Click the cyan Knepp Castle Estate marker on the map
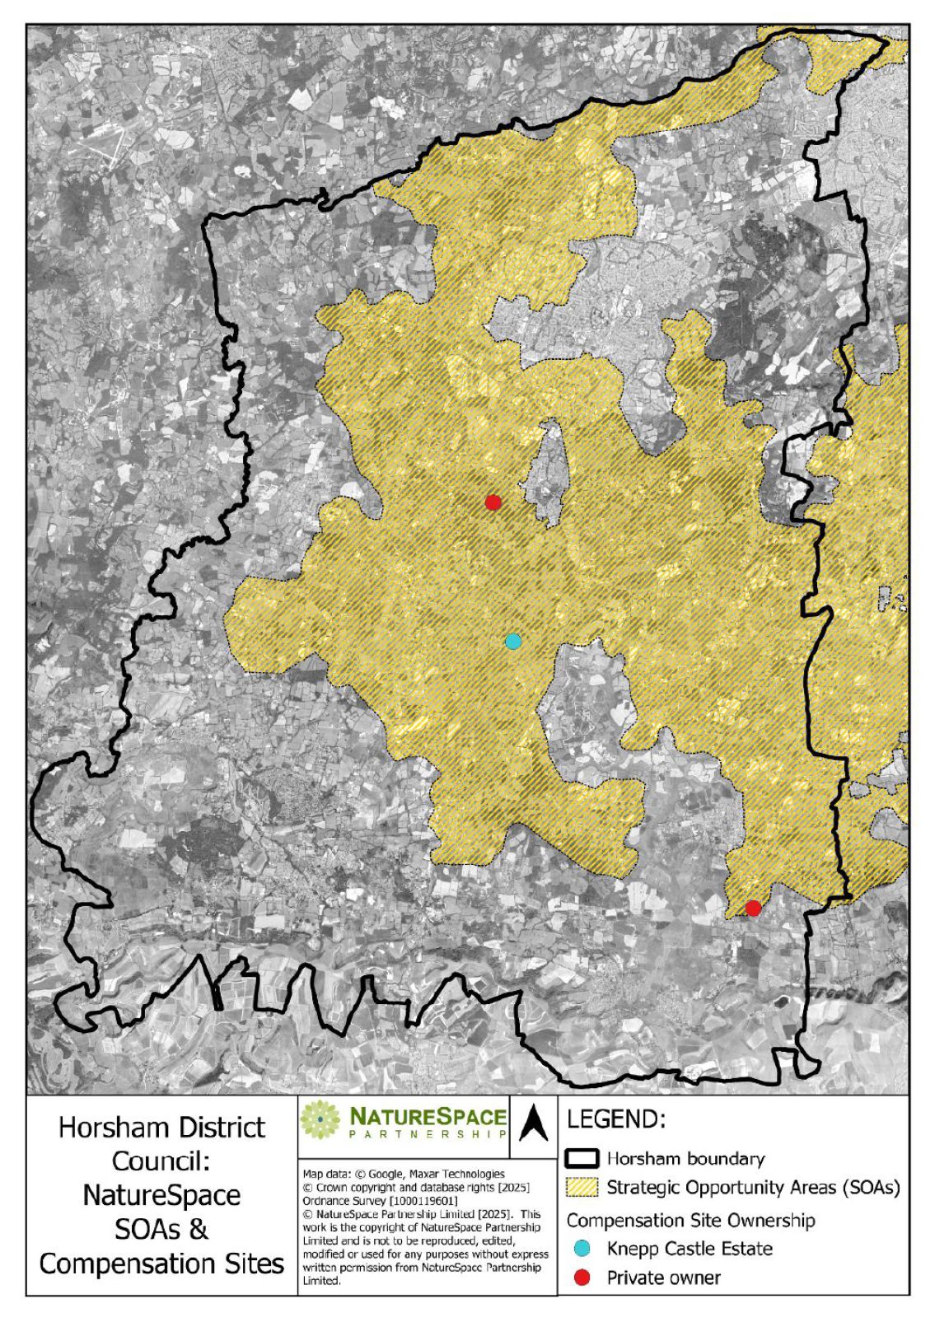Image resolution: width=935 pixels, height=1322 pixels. [513, 641]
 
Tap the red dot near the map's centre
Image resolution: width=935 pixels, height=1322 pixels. [493, 502]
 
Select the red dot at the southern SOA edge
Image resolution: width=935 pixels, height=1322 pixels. [753, 909]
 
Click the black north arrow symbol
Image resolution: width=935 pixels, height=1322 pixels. [534, 1123]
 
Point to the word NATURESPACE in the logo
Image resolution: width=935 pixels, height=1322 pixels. [428, 1116]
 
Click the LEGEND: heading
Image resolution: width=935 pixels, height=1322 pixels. [616, 1119]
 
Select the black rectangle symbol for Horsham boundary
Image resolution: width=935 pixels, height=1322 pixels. [582, 1158]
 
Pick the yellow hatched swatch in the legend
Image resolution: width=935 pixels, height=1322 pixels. [582, 1188]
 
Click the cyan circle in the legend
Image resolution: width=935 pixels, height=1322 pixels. [582, 1249]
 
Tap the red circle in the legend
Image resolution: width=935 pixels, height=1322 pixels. [582, 1278]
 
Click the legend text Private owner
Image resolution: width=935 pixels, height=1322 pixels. [663, 1278]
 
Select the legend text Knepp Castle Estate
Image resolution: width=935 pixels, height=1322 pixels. [690, 1249]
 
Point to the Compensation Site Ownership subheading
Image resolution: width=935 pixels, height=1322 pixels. [690, 1220]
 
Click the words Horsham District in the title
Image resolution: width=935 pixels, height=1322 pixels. [162, 1127]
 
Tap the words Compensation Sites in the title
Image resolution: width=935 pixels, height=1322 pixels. [162, 1263]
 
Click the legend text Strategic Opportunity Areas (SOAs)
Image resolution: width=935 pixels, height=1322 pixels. [753, 1188]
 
